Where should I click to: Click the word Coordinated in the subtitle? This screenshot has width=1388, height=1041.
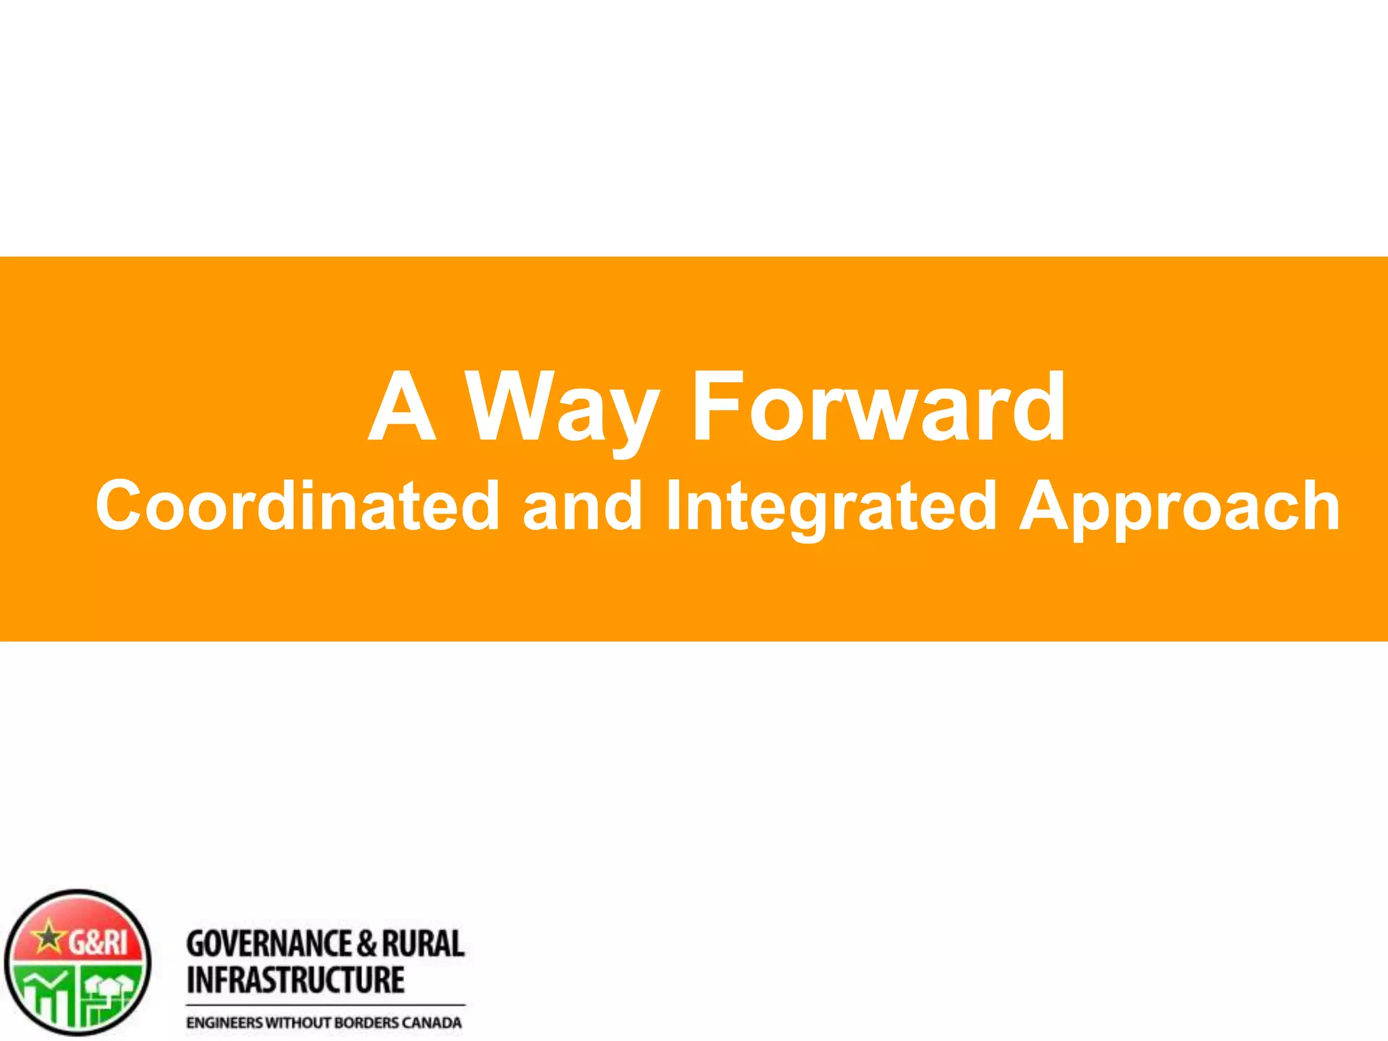coord(298,505)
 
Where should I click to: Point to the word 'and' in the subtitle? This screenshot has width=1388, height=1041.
coord(582,505)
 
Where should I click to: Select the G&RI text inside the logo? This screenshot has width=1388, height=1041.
coord(98,942)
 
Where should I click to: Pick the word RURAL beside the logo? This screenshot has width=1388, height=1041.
coord(423,944)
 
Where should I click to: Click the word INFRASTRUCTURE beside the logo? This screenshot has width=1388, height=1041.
coord(295,980)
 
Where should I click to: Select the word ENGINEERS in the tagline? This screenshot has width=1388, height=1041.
coord(224,1023)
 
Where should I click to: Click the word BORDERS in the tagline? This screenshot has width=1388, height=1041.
coord(367,1023)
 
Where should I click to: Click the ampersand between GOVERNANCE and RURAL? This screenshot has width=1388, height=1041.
coord(366,944)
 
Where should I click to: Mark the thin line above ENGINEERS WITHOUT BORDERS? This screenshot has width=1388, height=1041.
coord(325,1004)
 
